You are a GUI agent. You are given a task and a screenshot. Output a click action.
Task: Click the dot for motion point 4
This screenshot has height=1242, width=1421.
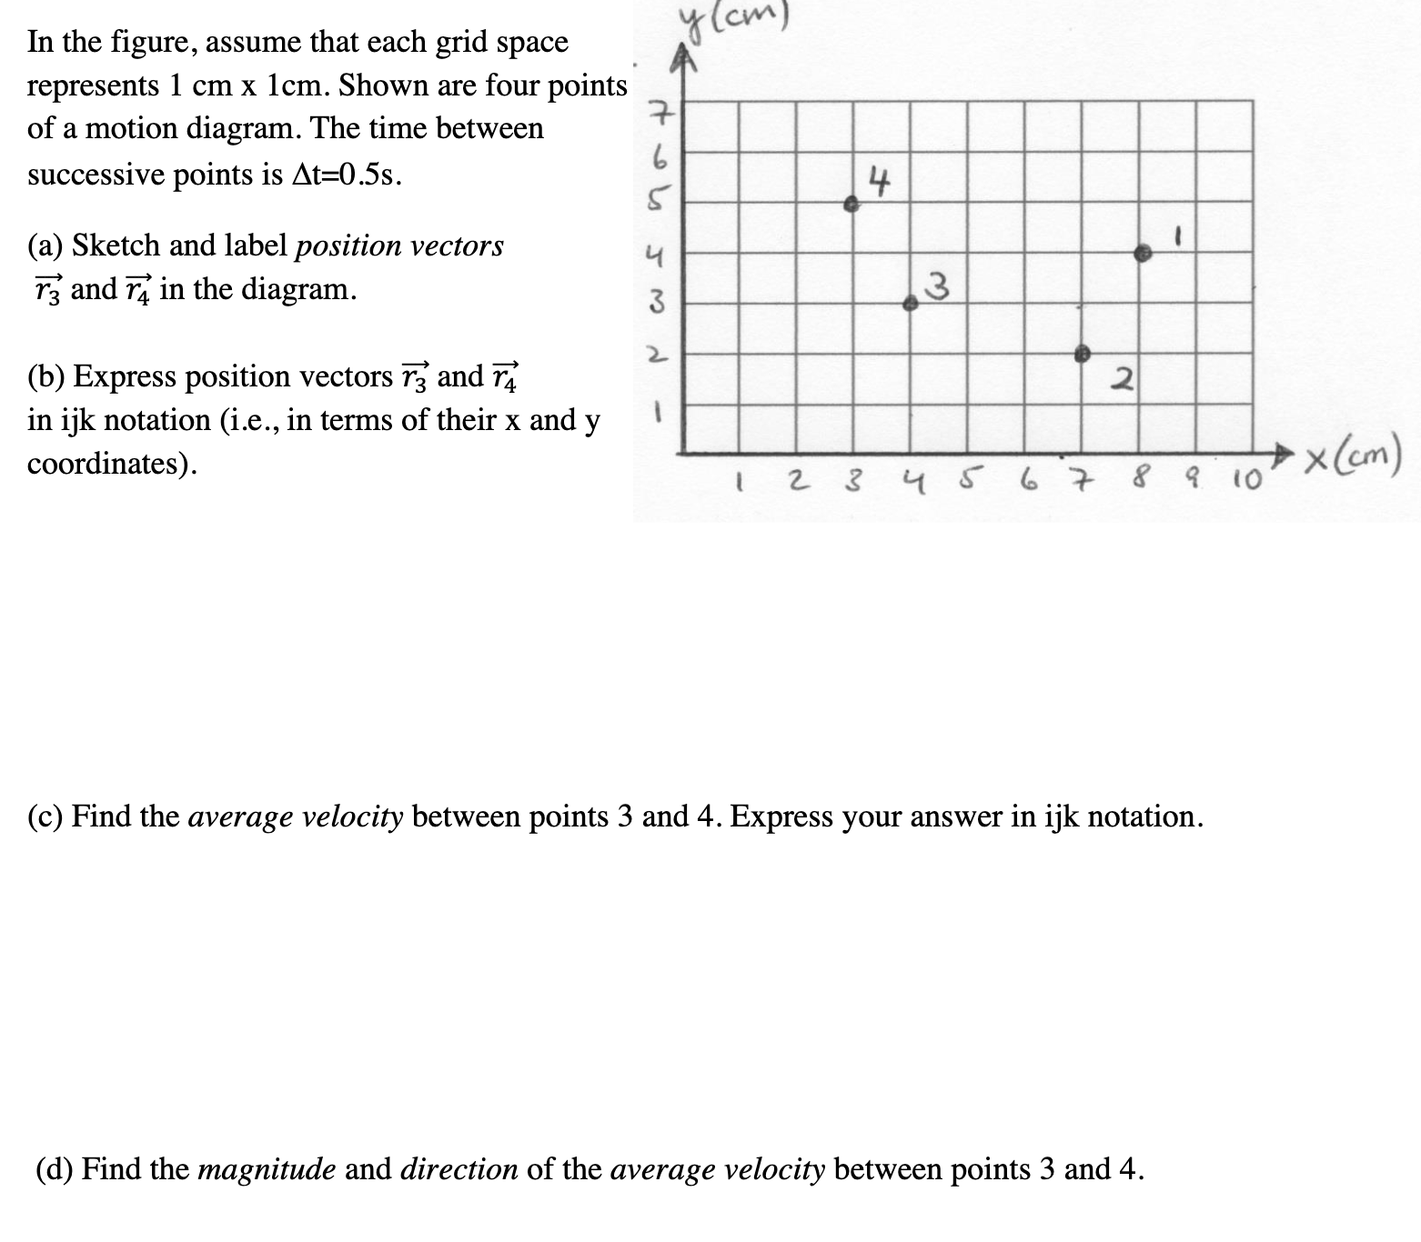tap(852, 205)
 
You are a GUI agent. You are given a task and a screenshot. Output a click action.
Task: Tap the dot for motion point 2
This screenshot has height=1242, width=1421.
tap(1083, 354)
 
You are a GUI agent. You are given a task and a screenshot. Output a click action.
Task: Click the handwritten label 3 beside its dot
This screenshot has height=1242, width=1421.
tap(939, 288)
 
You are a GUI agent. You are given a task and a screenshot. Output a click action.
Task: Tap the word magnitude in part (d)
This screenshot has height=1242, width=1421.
tap(267, 1169)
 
